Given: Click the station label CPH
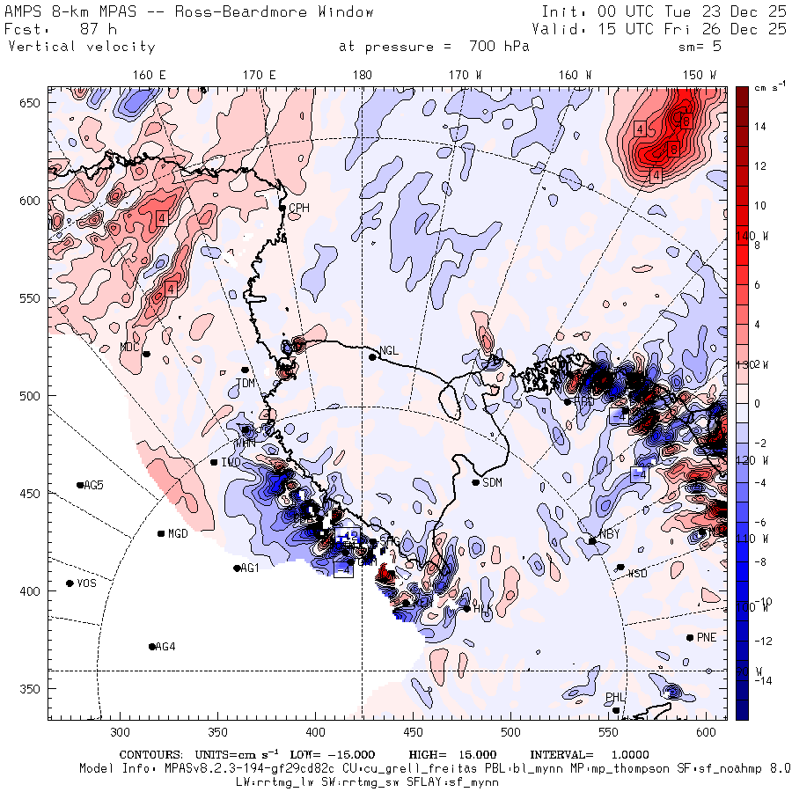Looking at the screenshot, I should click(300, 209).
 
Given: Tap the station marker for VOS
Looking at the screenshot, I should click(70, 583).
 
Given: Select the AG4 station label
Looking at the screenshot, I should click(165, 647).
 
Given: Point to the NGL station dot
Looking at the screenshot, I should click(372, 356).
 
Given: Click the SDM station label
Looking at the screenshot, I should click(493, 482).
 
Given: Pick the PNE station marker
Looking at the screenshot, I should click(690, 637).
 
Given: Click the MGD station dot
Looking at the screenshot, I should click(161, 533).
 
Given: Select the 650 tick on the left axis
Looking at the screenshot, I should click(33, 104).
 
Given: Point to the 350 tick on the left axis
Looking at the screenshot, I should click(33, 688).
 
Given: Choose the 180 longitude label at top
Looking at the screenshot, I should click(362, 75).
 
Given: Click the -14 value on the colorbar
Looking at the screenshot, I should click(762, 681).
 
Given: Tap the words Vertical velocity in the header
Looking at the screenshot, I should click(82, 47).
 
